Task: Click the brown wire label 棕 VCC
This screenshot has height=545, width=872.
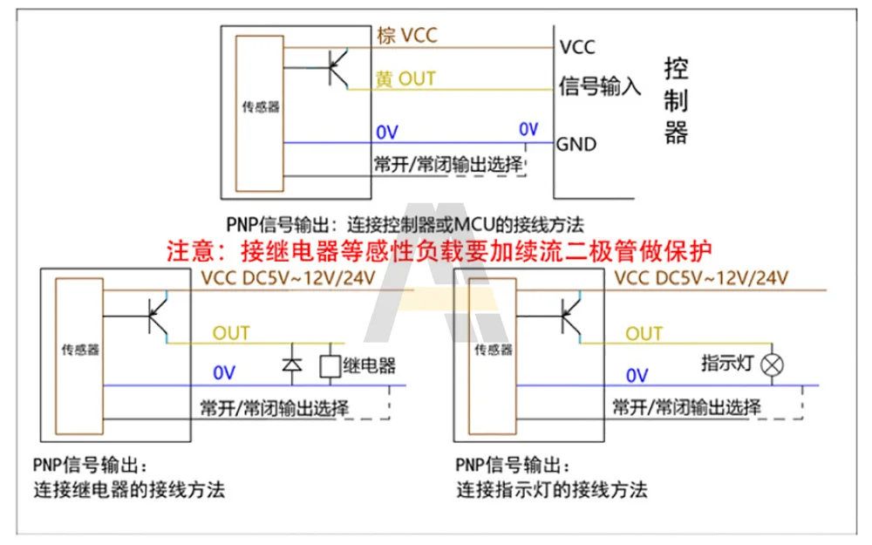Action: click(406, 36)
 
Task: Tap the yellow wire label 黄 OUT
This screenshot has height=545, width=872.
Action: click(405, 78)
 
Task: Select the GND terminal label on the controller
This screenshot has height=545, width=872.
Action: click(576, 144)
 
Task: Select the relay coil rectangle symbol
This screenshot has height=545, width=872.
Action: click(330, 366)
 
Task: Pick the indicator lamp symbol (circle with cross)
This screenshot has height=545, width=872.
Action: click(771, 365)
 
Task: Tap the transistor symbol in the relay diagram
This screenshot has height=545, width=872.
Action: click(160, 318)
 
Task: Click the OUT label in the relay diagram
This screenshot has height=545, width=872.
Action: click(231, 333)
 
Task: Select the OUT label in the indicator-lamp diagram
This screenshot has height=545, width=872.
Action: click(644, 333)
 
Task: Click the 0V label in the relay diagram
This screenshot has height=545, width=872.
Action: click(224, 373)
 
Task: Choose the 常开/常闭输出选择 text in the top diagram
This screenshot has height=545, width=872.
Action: click(447, 164)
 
